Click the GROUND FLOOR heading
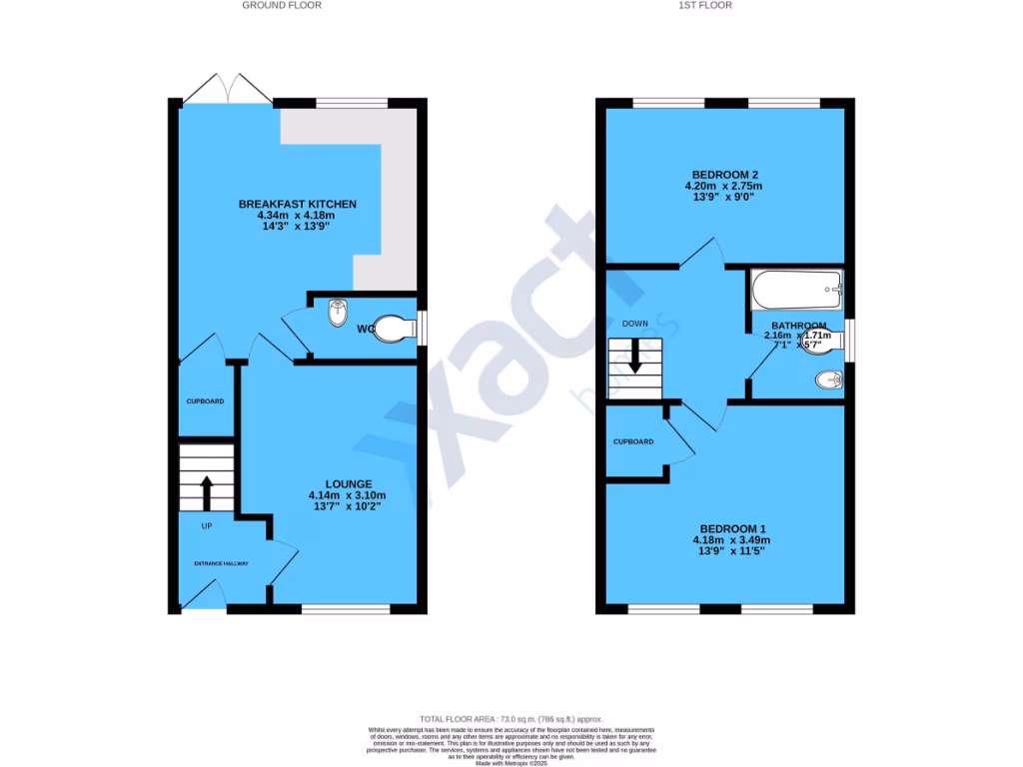[x=282, y=6]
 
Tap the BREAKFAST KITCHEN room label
[x=297, y=205]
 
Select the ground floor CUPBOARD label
[x=205, y=401]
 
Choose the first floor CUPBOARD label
[x=633, y=441]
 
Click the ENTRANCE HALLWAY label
[x=221, y=563]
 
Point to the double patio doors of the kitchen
[x=229, y=90]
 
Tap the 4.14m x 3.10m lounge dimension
[x=348, y=496]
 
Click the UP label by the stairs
[x=207, y=526]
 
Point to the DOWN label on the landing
[x=635, y=324]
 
